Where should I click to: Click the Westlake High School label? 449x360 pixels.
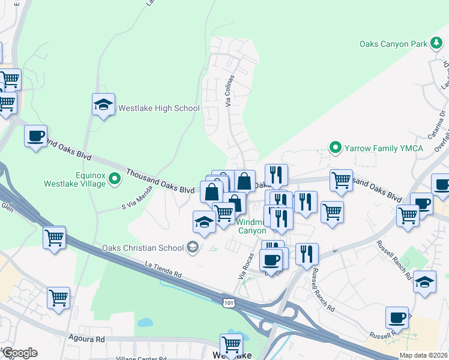click(x=158, y=108)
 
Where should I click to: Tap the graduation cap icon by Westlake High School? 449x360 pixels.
click(x=103, y=104)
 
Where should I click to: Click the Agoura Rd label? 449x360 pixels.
click(x=86, y=339)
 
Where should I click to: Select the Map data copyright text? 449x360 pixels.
click(x=423, y=355)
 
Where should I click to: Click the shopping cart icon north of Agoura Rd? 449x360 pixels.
click(x=58, y=296)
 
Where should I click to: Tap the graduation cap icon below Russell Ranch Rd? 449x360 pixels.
click(x=424, y=281)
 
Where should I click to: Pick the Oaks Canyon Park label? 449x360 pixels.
click(x=393, y=44)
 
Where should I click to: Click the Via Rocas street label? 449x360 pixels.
click(x=242, y=272)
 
